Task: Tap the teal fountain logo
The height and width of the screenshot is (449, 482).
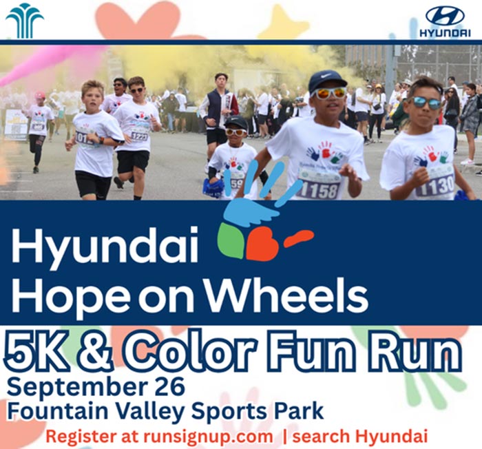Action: tap(25, 21)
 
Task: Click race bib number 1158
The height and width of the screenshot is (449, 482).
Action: tap(319, 189)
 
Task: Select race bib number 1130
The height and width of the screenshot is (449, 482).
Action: tap(436, 185)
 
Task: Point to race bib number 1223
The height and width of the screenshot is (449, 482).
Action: tap(139, 136)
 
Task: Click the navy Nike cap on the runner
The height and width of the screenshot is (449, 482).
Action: tap(326, 81)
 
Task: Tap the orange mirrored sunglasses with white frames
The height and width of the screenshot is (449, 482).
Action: tap(328, 92)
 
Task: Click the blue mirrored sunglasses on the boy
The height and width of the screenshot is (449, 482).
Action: tap(426, 103)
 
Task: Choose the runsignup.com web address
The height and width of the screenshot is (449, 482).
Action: tap(208, 436)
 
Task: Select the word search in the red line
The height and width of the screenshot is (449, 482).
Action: tap(321, 436)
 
